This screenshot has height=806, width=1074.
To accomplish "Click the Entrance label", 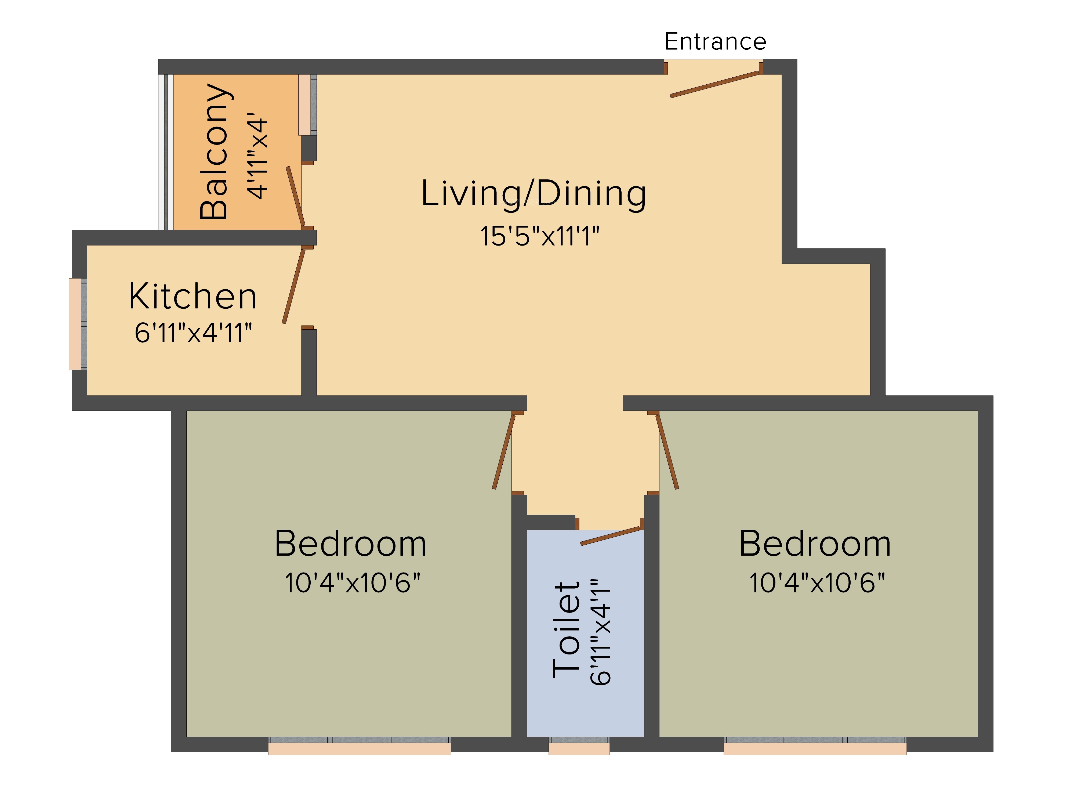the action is [x=715, y=41].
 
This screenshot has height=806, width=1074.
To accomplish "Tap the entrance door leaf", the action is [x=715, y=85].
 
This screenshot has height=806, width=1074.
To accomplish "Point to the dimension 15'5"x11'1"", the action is [x=539, y=237].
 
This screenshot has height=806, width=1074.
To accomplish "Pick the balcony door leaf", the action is [x=295, y=196].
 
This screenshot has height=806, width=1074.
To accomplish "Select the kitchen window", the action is [x=78, y=323].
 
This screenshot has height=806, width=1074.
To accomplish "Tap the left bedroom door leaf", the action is [x=503, y=451].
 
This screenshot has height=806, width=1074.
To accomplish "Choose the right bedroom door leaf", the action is [x=667, y=451].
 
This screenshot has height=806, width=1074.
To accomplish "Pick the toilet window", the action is [x=579, y=746].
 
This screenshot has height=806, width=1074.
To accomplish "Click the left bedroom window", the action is [x=359, y=746].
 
